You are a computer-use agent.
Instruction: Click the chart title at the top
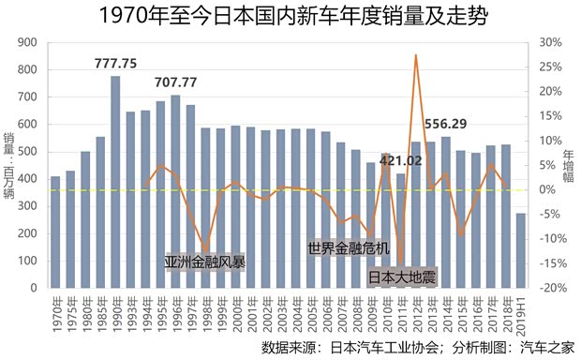coord(290,16)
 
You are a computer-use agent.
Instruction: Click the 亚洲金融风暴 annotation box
coord(205,262)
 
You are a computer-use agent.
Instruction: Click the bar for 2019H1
coord(521,249)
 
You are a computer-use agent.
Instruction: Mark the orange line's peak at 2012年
coord(416,55)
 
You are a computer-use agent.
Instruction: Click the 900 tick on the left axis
coord(28,43)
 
